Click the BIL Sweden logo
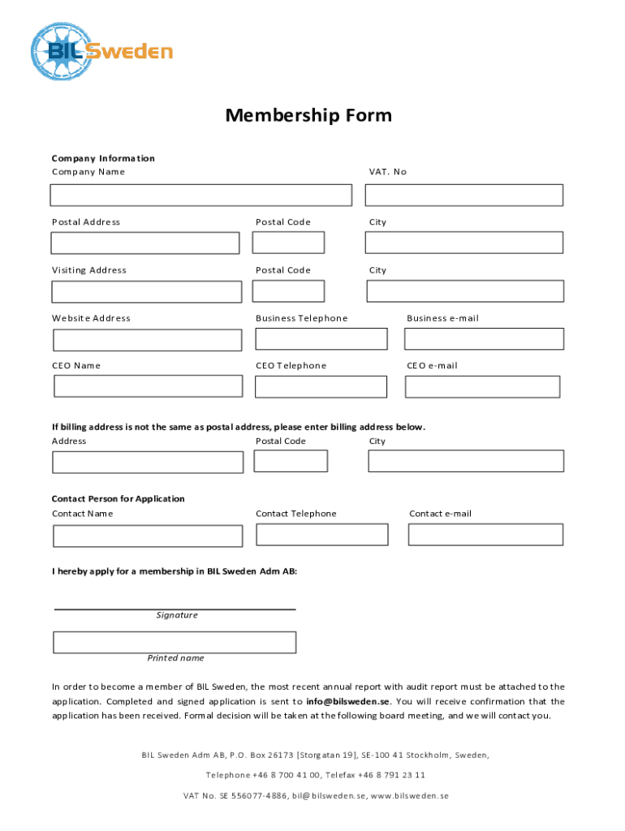(x=101, y=51)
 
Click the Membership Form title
(x=308, y=115)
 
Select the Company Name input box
(x=200, y=195)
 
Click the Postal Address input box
(x=145, y=243)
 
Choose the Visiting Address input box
(x=147, y=291)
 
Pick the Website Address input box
(x=147, y=339)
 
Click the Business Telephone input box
(x=321, y=338)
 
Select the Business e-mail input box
(x=485, y=338)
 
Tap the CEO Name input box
(x=148, y=386)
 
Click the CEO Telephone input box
(x=321, y=386)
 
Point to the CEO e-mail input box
(x=482, y=386)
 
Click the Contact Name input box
(x=148, y=536)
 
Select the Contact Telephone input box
(x=321, y=534)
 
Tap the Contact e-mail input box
(x=485, y=534)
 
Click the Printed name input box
(x=175, y=643)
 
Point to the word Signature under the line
(x=177, y=615)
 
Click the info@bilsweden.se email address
(x=348, y=701)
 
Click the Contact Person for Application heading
(x=119, y=498)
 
